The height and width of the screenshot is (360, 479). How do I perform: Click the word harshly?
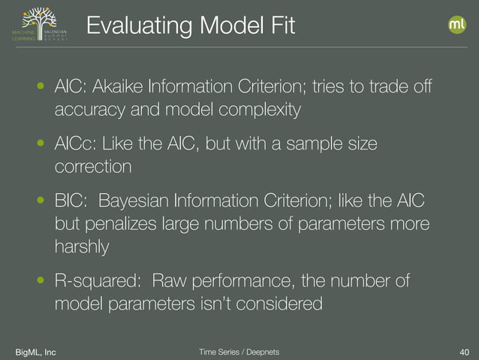pyautogui.click(x=82, y=246)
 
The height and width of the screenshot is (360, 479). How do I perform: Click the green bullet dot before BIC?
pyautogui.click(x=41, y=201)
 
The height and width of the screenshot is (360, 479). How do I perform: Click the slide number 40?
pyautogui.click(x=463, y=352)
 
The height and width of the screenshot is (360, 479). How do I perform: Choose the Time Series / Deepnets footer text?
pyautogui.click(x=239, y=352)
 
